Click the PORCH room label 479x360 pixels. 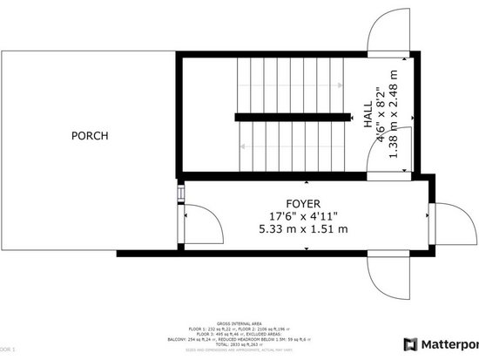(89, 136)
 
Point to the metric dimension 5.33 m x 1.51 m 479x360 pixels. (303, 229)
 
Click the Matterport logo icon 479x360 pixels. (411, 342)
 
